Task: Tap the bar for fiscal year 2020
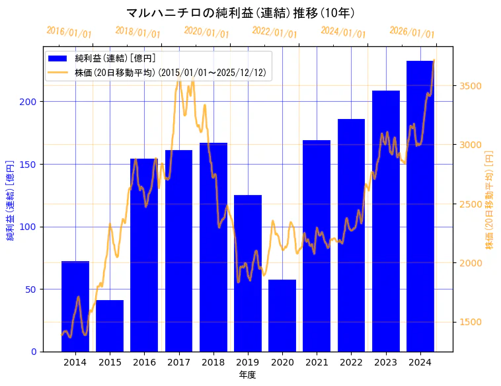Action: click(282, 315)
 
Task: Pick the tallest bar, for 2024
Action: click(420, 206)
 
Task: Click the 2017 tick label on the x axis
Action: click(178, 362)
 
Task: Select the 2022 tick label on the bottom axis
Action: click(351, 362)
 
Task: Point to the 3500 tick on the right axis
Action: click(471, 86)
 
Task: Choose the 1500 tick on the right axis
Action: click(471, 323)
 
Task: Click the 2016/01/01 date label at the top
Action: click(69, 32)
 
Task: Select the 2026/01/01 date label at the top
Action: click(412, 32)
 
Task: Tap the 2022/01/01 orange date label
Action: click(275, 32)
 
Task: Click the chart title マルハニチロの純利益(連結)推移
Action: click(241, 13)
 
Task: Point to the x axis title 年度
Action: click(248, 375)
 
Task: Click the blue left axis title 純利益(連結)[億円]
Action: click(11, 200)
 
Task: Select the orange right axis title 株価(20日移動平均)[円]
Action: click(490, 200)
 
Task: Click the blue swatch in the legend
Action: click(58, 59)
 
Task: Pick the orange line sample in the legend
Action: click(58, 73)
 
